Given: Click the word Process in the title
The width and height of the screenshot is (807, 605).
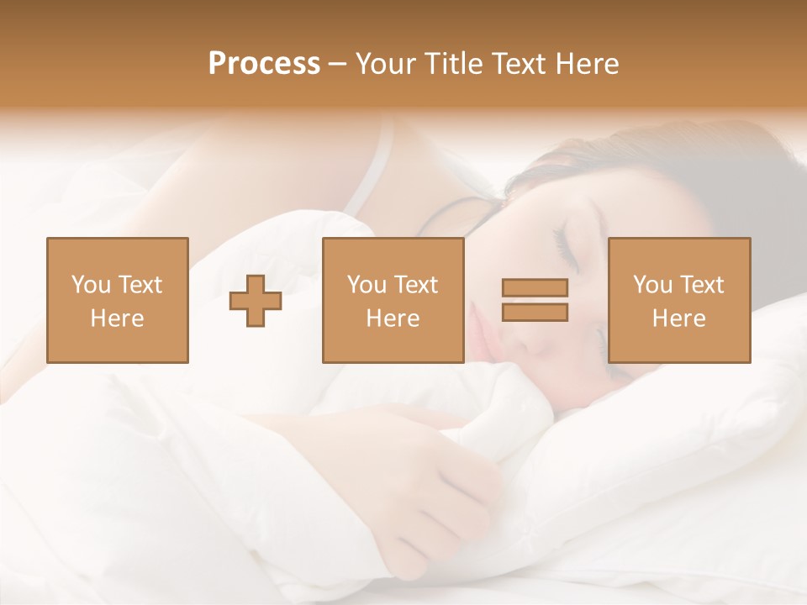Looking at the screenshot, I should pyautogui.click(x=264, y=64).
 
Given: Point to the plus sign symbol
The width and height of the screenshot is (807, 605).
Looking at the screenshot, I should pyautogui.click(x=256, y=300).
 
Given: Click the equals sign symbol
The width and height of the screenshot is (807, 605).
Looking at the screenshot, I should pyautogui.click(x=535, y=300).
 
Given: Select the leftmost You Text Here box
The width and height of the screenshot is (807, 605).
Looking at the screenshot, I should pyautogui.click(x=117, y=300).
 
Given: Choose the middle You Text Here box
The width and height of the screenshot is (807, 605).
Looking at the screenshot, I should pyautogui.click(x=393, y=300).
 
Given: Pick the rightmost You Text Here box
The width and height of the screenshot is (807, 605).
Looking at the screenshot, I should pyautogui.click(x=678, y=300).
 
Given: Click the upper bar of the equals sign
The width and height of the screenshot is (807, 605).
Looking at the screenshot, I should pyautogui.click(x=535, y=288).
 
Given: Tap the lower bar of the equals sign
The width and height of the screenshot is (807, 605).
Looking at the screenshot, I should pyautogui.click(x=535, y=312).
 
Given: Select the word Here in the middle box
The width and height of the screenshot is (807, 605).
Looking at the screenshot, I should pyautogui.click(x=393, y=318).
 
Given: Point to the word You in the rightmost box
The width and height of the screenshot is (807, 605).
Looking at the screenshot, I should pyautogui.click(x=652, y=285).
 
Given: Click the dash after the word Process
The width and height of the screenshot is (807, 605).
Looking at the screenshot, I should pyautogui.click(x=338, y=64).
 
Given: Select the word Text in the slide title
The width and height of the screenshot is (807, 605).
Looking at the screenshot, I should pyautogui.click(x=515, y=64).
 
